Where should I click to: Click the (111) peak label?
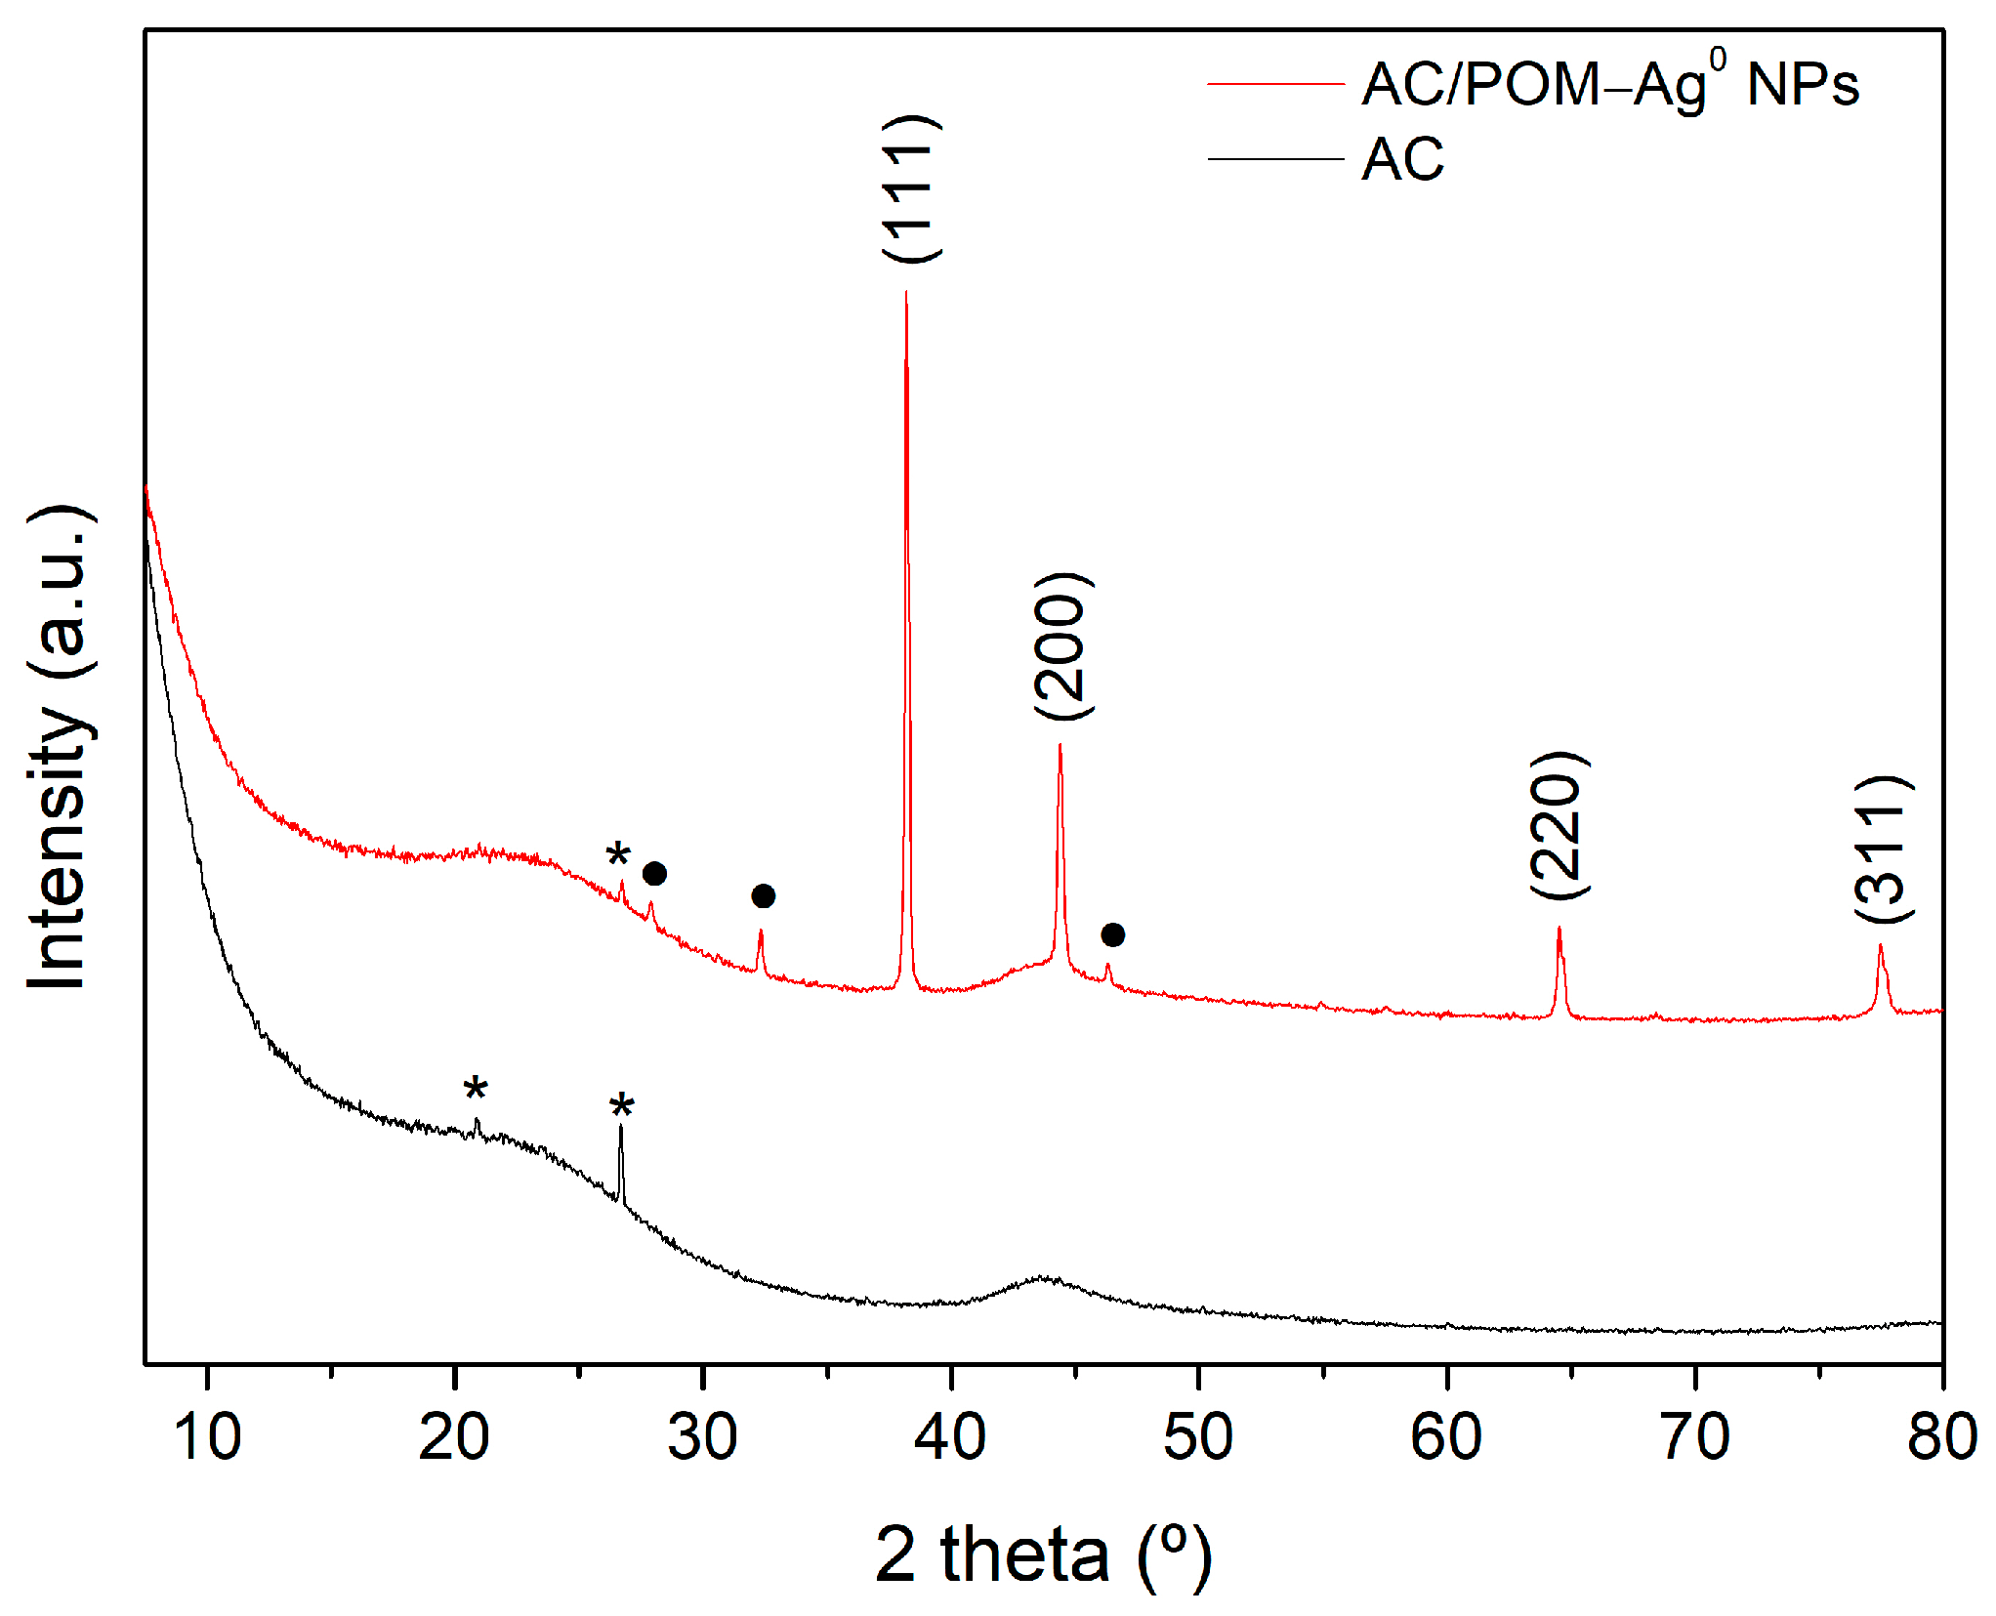[911, 188]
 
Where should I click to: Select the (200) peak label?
[1062, 646]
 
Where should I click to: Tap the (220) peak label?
[1559, 825]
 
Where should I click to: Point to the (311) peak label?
[1884, 849]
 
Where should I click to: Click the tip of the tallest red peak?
[906, 292]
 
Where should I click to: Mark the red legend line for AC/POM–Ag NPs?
[1275, 85]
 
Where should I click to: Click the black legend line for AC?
[1275, 159]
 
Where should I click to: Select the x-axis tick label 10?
[207, 1437]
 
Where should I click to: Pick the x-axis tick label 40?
[950, 1437]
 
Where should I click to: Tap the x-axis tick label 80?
[1941, 1437]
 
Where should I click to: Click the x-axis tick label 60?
[1446, 1437]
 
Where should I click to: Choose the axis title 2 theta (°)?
[1042, 1554]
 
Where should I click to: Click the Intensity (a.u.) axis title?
[61, 747]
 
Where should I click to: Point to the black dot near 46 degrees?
[1112, 935]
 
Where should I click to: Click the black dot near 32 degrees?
[764, 896]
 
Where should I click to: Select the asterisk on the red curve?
[618, 855]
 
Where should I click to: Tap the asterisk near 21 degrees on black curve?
[476, 1089]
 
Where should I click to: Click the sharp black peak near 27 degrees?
[620, 1129]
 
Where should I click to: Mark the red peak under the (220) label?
[1559, 931]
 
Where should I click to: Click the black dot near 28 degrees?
[654, 874]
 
